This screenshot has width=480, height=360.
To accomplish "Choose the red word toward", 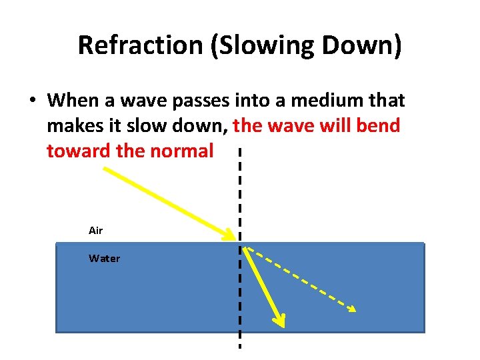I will (x=79, y=151).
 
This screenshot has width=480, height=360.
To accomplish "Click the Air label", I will (x=96, y=231).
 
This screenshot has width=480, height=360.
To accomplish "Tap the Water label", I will (x=105, y=259).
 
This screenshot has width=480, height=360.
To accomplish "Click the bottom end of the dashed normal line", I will (x=239, y=347).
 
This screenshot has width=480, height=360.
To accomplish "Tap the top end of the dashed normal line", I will (x=239, y=150).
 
